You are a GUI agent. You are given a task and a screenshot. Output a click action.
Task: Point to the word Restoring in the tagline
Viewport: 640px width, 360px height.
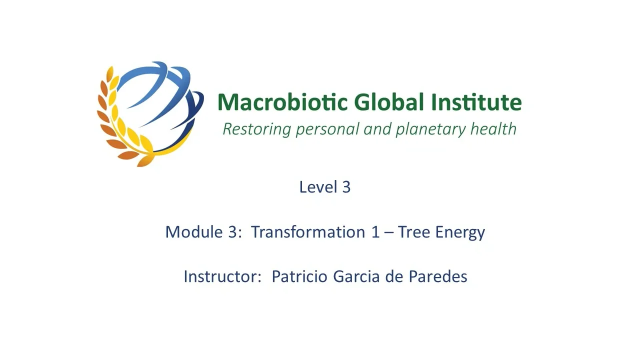257,129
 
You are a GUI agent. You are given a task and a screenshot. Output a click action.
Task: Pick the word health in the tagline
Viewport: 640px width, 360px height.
493,128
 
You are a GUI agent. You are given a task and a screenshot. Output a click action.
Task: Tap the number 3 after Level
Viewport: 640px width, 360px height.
346,187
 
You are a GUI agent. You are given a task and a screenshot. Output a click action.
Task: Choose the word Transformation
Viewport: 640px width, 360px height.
308,231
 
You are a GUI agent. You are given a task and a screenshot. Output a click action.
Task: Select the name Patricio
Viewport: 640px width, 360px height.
299,276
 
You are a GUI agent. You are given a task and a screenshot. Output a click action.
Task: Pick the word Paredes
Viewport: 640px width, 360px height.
438,276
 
